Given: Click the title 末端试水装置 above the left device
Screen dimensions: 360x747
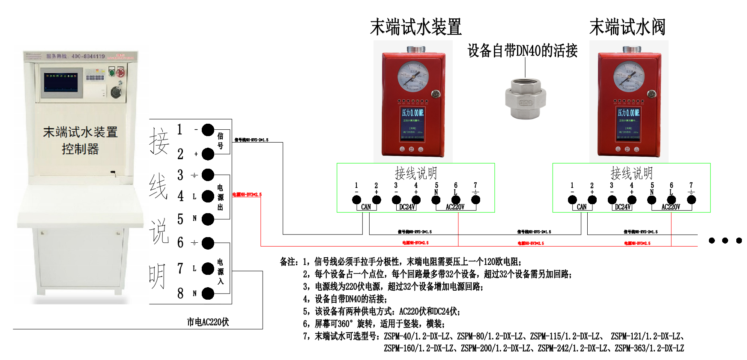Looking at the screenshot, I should click(x=415, y=27).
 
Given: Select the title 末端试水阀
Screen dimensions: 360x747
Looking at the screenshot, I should click(x=627, y=27).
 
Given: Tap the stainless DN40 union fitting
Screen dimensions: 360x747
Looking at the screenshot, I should click(x=526, y=99).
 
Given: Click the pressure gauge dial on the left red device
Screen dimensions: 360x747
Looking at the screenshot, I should click(x=412, y=76).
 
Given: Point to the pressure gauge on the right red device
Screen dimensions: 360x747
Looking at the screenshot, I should click(x=628, y=76).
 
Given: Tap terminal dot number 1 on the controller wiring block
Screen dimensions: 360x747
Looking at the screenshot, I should click(x=208, y=130).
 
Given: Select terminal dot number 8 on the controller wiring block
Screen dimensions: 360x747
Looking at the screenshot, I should click(x=208, y=294).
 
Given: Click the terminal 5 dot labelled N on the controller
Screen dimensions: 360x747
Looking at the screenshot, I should click(x=208, y=219).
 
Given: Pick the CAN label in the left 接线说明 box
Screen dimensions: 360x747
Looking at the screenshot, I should click(x=366, y=207).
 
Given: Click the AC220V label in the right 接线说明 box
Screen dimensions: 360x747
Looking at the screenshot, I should click(x=671, y=207).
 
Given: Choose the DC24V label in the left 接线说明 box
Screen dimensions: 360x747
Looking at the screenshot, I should click(x=407, y=207).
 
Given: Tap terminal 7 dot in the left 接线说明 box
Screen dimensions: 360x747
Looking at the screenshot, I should click(x=475, y=199).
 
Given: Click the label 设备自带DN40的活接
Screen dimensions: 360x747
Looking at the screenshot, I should click(x=522, y=51).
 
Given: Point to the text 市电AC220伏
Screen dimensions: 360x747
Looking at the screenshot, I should click(x=208, y=322).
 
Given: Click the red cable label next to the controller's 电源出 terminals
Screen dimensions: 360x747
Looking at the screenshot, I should click(x=247, y=195).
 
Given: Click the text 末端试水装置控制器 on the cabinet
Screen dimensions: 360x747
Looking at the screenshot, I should click(x=80, y=140).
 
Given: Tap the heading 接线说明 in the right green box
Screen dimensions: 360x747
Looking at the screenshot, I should click(x=631, y=173).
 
